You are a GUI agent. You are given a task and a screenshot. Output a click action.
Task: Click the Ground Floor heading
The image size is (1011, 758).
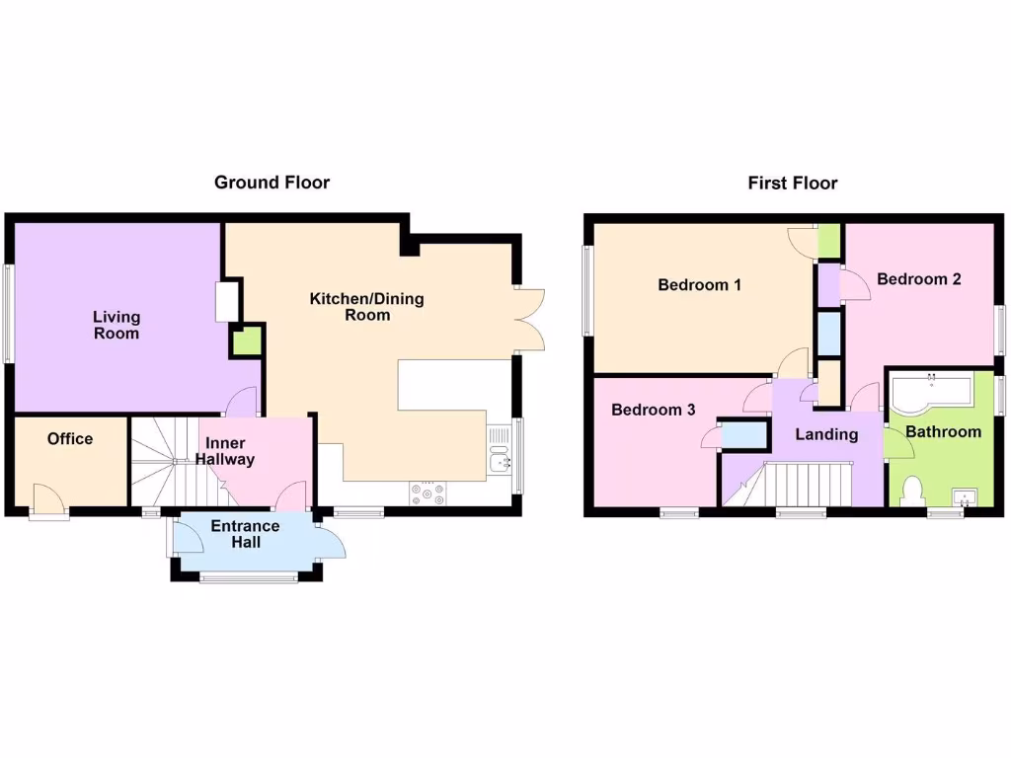point(272,183)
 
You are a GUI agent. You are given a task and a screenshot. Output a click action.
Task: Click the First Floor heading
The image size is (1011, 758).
point(792,183)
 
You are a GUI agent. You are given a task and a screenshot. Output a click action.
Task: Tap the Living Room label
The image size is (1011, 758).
point(117,326)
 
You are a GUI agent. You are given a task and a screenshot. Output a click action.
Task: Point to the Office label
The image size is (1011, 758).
point(70,439)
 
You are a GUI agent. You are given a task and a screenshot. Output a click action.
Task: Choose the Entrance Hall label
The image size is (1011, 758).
point(245,534)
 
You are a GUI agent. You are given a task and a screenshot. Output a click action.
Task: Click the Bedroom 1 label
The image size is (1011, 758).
point(699,285)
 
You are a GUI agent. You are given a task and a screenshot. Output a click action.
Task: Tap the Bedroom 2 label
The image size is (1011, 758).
point(918,279)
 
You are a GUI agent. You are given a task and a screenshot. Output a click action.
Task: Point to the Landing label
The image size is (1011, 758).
point(826,434)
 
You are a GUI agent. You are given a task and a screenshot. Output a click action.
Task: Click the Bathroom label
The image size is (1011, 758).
point(943,431)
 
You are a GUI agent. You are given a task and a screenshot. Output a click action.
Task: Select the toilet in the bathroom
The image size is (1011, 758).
point(912,490)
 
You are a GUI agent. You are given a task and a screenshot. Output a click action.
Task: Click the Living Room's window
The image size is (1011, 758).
point(8,313)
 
